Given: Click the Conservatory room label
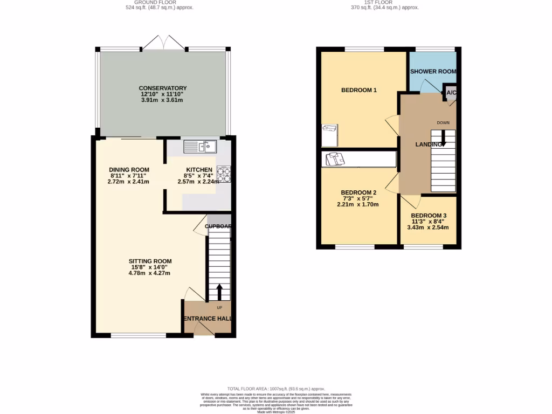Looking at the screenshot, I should [162, 88].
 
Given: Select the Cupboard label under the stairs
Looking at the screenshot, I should [218, 226].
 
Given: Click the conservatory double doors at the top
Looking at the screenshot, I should [164, 43].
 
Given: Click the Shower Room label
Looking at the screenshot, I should [433, 71].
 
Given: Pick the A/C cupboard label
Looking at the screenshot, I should [451, 93].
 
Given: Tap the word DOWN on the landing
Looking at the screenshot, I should [443, 123].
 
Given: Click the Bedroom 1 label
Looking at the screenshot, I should [358, 90].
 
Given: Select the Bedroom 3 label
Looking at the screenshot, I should [429, 215].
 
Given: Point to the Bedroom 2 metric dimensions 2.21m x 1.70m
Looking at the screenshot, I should [357, 204].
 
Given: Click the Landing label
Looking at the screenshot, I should [430, 144].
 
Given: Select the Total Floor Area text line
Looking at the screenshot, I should [276, 389].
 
